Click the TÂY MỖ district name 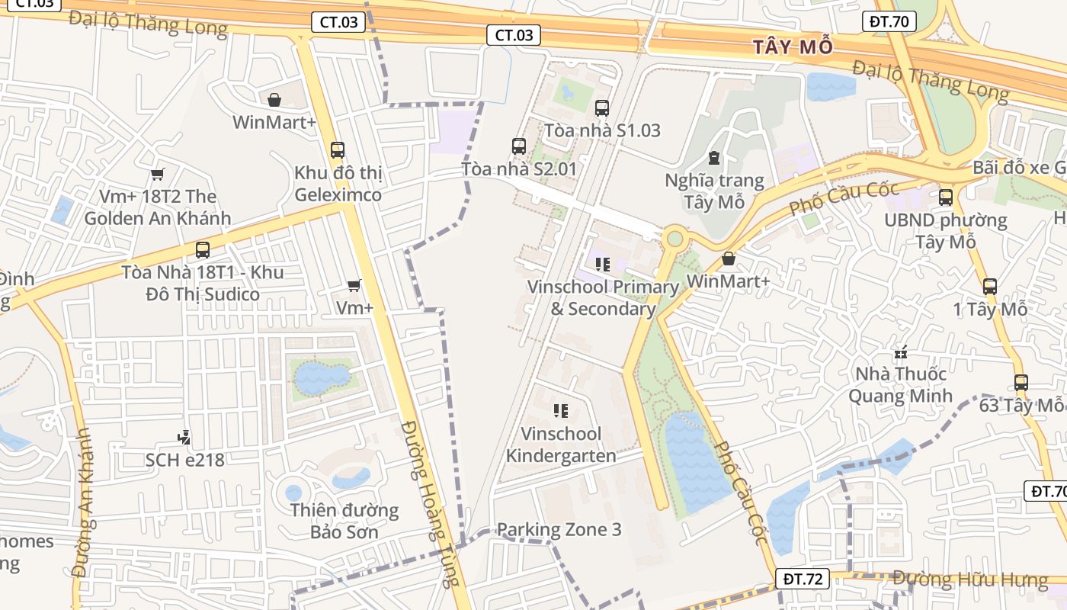[x=793, y=47]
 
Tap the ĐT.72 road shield [x=803, y=579]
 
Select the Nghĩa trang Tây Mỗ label [x=714, y=191]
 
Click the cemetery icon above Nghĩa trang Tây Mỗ [x=714, y=158]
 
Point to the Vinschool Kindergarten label [x=561, y=445]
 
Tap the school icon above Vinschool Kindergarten [x=562, y=412]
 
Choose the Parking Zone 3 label [x=559, y=530]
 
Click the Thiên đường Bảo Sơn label [x=344, y=521]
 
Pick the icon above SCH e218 [x=183, y=438]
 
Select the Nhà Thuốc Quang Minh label [x=901, y=385]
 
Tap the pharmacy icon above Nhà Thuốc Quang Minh [x=901, y=353]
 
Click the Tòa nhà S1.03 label [x=603, y=130]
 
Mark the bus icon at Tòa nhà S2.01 [x=519, y=146]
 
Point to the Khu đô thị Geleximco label [x=338, y=184]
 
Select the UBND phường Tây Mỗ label [x=946, y=231]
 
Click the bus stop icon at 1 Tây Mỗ [x=989, y=287]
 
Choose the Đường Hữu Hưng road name [x=969, y=579]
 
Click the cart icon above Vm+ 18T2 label [x=158, y=175]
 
